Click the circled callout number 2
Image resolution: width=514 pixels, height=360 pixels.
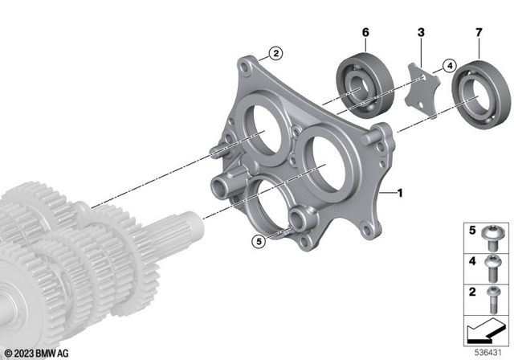tap(275, 54)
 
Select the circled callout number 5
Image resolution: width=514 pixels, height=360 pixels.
tap(258, 239)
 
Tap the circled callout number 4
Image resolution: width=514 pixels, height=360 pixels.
tap(449, 65)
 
